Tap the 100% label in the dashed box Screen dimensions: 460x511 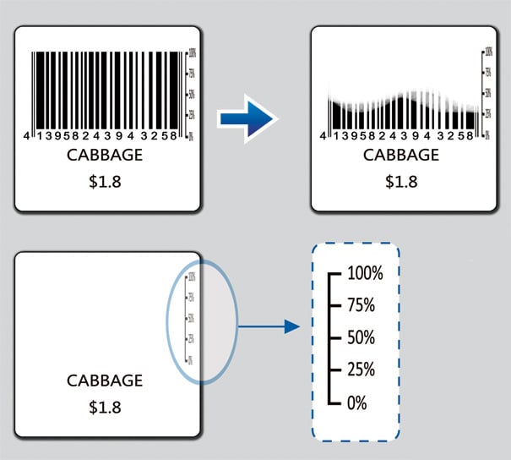coord(365,275)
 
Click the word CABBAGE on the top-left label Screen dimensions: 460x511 coord(105,156)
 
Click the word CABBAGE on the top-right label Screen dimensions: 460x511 coord(401,156)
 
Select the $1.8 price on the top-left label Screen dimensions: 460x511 coord(105,181)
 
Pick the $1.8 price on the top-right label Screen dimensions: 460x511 coord(401,181)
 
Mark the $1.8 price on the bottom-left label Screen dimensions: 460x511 coord(105,408)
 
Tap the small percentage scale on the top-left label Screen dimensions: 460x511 coord(189,94)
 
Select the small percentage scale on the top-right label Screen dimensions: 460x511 coord(487,94)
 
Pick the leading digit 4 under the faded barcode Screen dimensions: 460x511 coord(324,136)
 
